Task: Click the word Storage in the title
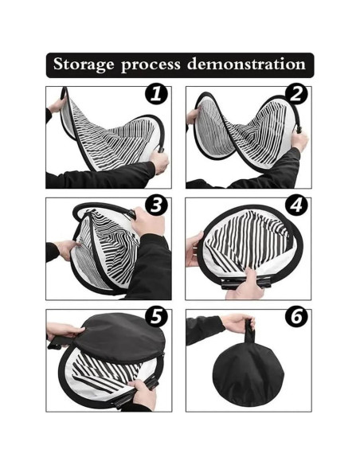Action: click(84, 64)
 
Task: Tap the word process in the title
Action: click(151, 65)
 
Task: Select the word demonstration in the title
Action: click(246, 64)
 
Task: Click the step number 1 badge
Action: click(156, 94)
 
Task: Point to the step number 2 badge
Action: click(296, 94)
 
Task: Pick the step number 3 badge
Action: click(156, 205)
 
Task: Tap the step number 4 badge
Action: click(296, 205)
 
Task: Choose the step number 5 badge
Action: click(156, 316)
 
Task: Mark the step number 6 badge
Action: click(296, 316)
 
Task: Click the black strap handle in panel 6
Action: click(249, 331)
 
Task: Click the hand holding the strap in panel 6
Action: click(238, 322)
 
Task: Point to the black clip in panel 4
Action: click(246, 283)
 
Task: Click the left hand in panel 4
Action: click(194, 248)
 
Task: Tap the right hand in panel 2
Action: click(299, 141)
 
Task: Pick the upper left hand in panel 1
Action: click(57, 105)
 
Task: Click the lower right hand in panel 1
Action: click(159, 162)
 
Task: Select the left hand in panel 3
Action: click(68, 250)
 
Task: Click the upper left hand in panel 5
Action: click(65, 330)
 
